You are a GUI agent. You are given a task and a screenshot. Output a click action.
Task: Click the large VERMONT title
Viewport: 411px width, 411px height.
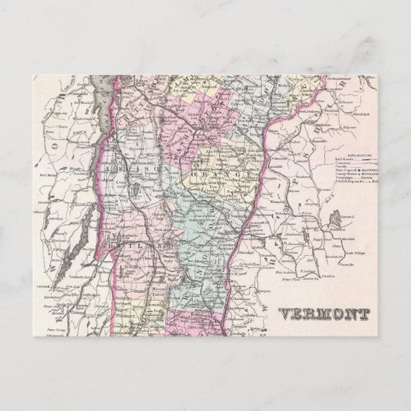click(x=324, y=314)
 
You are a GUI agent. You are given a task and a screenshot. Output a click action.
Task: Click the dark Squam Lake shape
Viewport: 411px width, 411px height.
click(x=336, y=218)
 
